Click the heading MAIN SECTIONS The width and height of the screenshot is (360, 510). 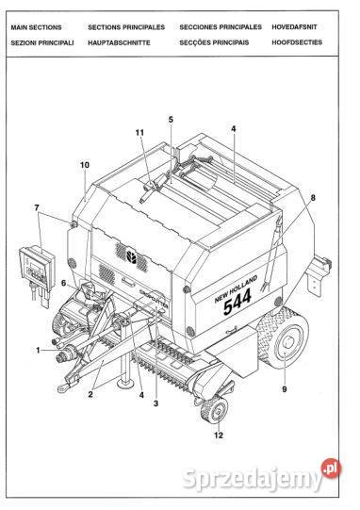coord(36,27)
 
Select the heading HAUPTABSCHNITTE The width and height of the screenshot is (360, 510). coord(119,42)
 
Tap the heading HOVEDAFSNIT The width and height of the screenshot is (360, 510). coord(294,27)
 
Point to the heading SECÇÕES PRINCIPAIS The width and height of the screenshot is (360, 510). coord(214,42)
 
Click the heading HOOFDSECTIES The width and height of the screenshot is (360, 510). coord(297,42)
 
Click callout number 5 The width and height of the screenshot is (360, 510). coord(171,120)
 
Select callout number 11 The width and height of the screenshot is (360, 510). coord(139,132)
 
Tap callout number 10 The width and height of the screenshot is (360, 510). coord(85,165)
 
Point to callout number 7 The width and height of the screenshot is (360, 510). coord(37,207)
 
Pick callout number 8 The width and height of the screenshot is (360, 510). coord(313,197)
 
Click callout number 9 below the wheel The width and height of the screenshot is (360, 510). coord(285,389)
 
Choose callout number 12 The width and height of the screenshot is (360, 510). coord(219,435)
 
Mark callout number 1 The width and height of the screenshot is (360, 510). coord(38,350)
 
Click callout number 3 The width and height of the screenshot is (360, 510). coord(155,403)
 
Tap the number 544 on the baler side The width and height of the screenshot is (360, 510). coord(237,302)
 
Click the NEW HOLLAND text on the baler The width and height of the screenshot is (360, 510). coord(237,288)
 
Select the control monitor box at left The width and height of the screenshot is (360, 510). coord(37,268)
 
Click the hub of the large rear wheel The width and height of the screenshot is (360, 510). coord(288,342)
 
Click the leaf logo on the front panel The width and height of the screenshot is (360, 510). coord(132,256)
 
